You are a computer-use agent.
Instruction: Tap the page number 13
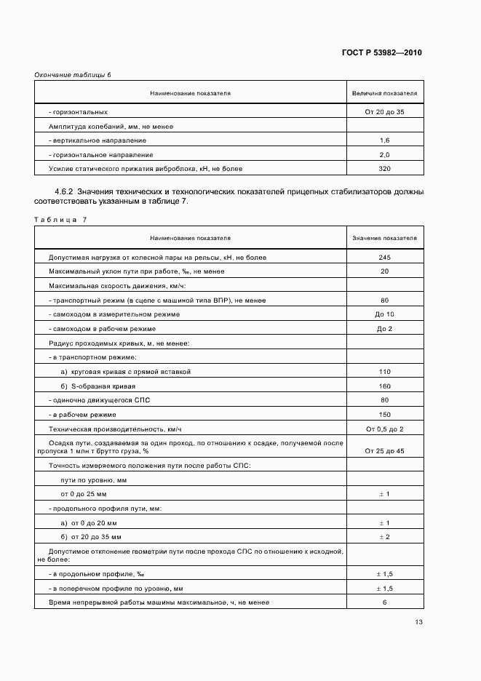[x=418, y=622]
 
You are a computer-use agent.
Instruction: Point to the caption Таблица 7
[x=60, y=219]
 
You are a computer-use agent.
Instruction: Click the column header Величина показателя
[x=384, y=94]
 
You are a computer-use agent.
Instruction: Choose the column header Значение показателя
[x=384, y=238]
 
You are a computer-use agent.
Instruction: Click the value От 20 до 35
[x=384, y=112]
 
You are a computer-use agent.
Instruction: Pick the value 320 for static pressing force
[x=384, y=168]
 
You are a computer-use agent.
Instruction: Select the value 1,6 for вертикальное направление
[x=384, y=140]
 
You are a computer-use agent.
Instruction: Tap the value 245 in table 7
[x=384, y=258]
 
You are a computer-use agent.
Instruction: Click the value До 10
[x=384, y=314]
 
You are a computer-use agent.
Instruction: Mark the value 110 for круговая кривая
[x=384, y=371]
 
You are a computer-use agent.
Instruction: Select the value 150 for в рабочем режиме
[x=384, y=414]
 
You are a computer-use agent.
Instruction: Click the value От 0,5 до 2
[x=384, y=429]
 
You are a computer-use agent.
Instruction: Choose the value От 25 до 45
[x=384, y=451]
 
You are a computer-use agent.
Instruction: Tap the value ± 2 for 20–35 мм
[x=384, y=536]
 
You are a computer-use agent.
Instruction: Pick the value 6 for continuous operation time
[x=384, y=602]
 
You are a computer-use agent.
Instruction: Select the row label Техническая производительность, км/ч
[x=114, y=429]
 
